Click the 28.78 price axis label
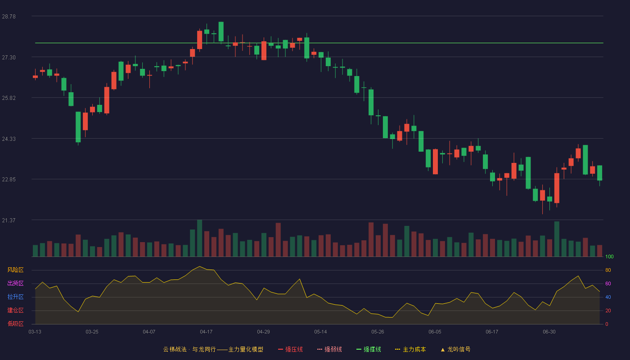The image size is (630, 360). pos(9,17)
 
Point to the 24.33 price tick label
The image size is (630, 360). pos(9,139)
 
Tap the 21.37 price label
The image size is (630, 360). pos(9,220)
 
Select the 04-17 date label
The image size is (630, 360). pos(206,332)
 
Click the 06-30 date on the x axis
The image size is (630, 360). pos(549,332)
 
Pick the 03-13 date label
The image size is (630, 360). pos(35,332)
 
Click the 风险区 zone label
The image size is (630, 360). pos(15,270)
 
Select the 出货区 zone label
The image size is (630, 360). pos(15,283)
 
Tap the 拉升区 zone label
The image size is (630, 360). pos(15,297)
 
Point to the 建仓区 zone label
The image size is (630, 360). pos(15,310)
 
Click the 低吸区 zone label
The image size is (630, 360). pos(15,324)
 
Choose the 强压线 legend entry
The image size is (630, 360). pos(290,349)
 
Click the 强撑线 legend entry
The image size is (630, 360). pos(369,349)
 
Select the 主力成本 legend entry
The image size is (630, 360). pos(410,349)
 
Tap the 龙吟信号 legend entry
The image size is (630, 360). pos(455,349)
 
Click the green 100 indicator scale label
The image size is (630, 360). pos(609,256)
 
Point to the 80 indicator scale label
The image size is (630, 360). pos(608,270)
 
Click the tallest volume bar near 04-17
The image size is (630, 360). pos(199,238)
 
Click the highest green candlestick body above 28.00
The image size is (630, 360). pos(221,31)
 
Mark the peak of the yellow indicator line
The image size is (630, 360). pos(199,266)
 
